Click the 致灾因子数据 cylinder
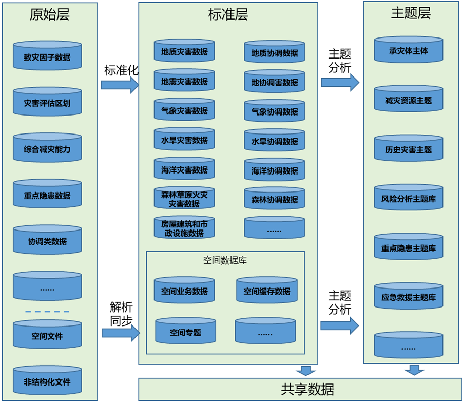point(47,56)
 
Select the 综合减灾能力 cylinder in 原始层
point(47,149)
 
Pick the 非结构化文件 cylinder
point(47,381)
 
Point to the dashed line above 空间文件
point(47,312)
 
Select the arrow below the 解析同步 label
point(121,333)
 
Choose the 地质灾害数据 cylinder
point(184,51)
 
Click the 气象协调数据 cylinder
point(275,111)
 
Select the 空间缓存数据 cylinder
point(267,291)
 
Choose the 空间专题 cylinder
point(185,332)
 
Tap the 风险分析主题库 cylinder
point(409,198)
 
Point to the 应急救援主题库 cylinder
point(409,296)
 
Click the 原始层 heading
point(49,15)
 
